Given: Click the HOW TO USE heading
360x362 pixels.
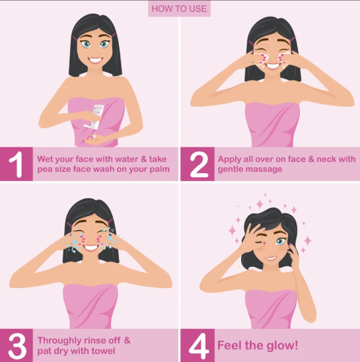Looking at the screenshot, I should click(179, 9).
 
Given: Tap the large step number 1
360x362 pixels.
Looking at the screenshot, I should click(17, 164).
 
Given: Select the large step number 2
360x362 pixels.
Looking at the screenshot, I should click(198, 164).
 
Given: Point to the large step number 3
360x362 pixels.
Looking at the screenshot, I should click(17, 345).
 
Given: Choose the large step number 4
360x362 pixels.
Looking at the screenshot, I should click(198, 345).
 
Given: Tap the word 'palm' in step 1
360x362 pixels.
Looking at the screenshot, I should click(158, 170).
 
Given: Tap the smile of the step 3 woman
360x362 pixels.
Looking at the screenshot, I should click(90, 246).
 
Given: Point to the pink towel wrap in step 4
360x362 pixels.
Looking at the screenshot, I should click(270, 308).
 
